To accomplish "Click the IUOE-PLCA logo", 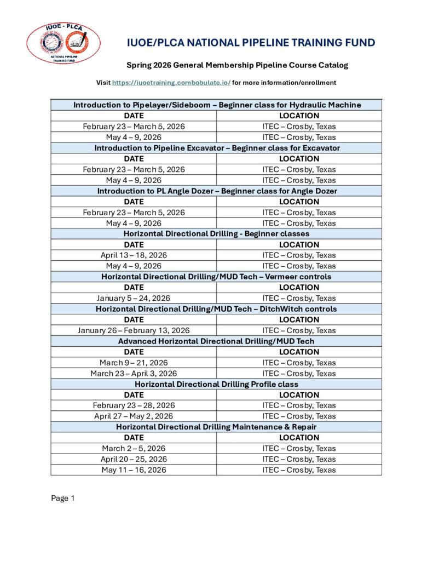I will click(63, 43).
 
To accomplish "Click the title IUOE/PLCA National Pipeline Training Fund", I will click(251, 43).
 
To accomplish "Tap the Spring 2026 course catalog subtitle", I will click(237, 65).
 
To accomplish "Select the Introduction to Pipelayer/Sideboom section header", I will click(217, 105).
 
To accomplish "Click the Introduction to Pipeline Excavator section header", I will click(217, 148).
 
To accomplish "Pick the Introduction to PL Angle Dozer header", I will click(217, 191).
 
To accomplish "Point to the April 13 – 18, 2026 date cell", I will click(134, 255).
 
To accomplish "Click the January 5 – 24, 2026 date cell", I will click(134, 298).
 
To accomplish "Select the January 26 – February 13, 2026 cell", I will click(134, 330).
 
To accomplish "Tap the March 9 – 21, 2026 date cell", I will click(134, 363).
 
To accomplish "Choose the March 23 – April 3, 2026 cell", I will click(134, 374).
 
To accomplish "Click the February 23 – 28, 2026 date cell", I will click(134, 405).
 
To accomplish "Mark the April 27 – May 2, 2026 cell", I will click(134, 416).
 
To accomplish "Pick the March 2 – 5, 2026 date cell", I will click(134, 448).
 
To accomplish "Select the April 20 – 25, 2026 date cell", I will click(134, 459).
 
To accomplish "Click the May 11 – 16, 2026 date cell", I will click(134, 470).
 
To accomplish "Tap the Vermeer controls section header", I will click(217, 277).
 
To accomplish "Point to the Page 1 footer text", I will click(62, 498).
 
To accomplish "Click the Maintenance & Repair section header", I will click(217, 427).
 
